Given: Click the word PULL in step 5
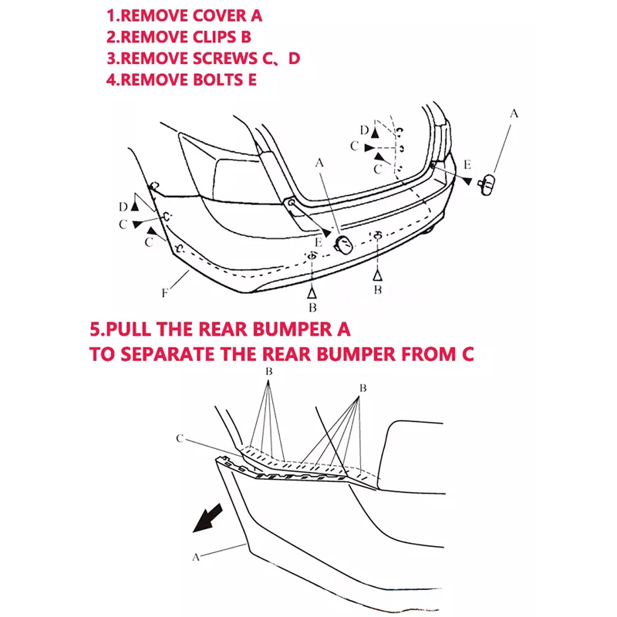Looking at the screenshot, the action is (x=128, y=329).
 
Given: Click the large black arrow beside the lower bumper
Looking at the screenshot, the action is (x=207, y=518).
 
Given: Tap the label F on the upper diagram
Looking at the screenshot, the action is (x=165, y=293).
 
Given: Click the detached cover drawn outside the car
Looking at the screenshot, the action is (x=487, y=185).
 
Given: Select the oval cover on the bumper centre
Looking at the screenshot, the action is (x=342, y=244).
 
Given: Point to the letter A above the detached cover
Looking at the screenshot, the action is (x=514, y=113).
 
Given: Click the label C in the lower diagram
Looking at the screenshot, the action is (x=180, y=438).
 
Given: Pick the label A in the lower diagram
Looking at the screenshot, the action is (x=196, y=557).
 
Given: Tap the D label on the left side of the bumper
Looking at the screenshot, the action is (x=123, y=207).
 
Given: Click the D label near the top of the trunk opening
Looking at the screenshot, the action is (x=364, y=130).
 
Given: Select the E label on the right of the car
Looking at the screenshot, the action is (x=467, y=164).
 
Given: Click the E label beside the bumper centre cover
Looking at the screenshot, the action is (x=319, y=242).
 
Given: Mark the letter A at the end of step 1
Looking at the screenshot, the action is (x=256, y=15).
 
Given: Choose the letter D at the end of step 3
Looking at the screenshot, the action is (x=294, y=59).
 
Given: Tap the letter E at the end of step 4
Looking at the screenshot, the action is (x=252, y=80).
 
